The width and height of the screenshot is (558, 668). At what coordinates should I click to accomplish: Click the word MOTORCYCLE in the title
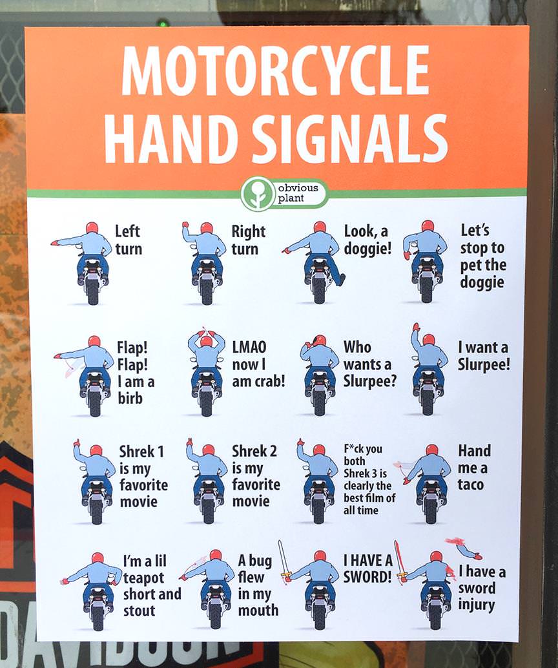(x=275, y=70)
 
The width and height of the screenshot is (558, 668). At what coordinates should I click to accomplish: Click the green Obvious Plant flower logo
(x=257, y=194)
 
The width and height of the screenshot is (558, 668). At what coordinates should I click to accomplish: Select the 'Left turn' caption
(x=129, y=240)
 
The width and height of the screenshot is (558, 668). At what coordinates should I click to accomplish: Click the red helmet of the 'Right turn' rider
(x=207, y=227)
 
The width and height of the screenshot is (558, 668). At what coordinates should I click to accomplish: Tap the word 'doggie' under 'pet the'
(x=482, y=282)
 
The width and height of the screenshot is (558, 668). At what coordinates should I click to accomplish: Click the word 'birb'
(x=130, y=399)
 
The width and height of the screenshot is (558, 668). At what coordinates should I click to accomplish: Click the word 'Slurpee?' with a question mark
(x=369, y=381)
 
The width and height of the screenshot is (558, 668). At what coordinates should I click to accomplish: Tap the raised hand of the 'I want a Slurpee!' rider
(x=416, y=327)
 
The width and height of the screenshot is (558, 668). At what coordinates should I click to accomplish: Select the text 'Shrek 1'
(x=141, y=451)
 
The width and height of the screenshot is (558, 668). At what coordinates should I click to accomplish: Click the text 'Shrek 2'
(x=254, y=451)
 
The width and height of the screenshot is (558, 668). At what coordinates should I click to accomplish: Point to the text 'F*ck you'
(x=363, y=448)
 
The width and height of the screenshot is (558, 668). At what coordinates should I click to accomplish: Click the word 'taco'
(x=471, y=485)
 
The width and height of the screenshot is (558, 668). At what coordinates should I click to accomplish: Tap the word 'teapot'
(x=143, y=578)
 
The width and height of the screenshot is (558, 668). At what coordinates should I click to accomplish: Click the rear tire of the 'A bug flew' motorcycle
(x=215, y=615)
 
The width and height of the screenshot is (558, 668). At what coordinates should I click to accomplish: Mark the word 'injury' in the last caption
(x=477, y=605)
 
